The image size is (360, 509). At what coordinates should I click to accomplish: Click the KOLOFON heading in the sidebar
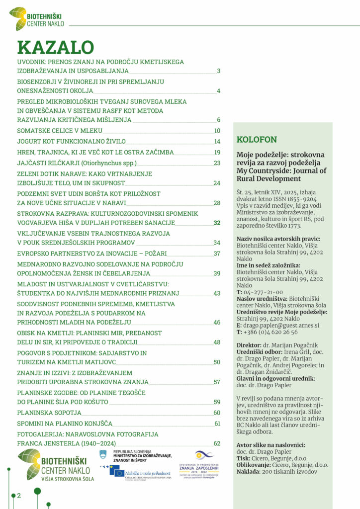(257, 140)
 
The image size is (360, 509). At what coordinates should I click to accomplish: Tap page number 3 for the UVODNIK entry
(218, 71)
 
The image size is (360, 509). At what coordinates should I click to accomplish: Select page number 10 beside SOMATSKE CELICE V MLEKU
(217, 131)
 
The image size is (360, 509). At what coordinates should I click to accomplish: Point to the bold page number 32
(217, 223)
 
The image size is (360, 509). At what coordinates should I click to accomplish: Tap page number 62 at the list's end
(217, 443)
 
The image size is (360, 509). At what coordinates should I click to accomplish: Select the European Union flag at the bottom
(117, 470)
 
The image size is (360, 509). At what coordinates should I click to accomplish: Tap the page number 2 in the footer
(19, 496)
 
